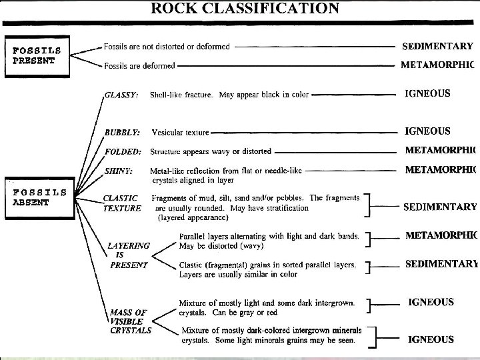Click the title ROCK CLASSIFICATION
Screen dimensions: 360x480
[245, 9]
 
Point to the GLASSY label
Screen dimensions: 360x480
[121, 95]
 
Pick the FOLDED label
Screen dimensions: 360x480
[122, 151]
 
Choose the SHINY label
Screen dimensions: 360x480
[119, 171]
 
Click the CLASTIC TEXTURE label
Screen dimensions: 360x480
[121, 203]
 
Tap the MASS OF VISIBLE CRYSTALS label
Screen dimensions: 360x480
[130, 321]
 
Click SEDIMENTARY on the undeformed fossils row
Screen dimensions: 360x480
[437, 47]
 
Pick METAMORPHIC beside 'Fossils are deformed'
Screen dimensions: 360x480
[437, 65]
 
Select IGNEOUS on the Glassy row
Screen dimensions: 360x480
[427, 94]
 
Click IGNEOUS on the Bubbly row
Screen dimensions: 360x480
[427, 131]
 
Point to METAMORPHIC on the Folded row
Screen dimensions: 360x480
[441, 150]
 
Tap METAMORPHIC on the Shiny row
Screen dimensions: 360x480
[441, 169]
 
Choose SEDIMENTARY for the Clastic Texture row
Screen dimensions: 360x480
[440, 207]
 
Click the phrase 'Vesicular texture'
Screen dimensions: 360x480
[180, 133]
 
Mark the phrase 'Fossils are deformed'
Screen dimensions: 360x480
[139, 66]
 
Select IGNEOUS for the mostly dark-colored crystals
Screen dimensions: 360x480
[431, 339]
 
